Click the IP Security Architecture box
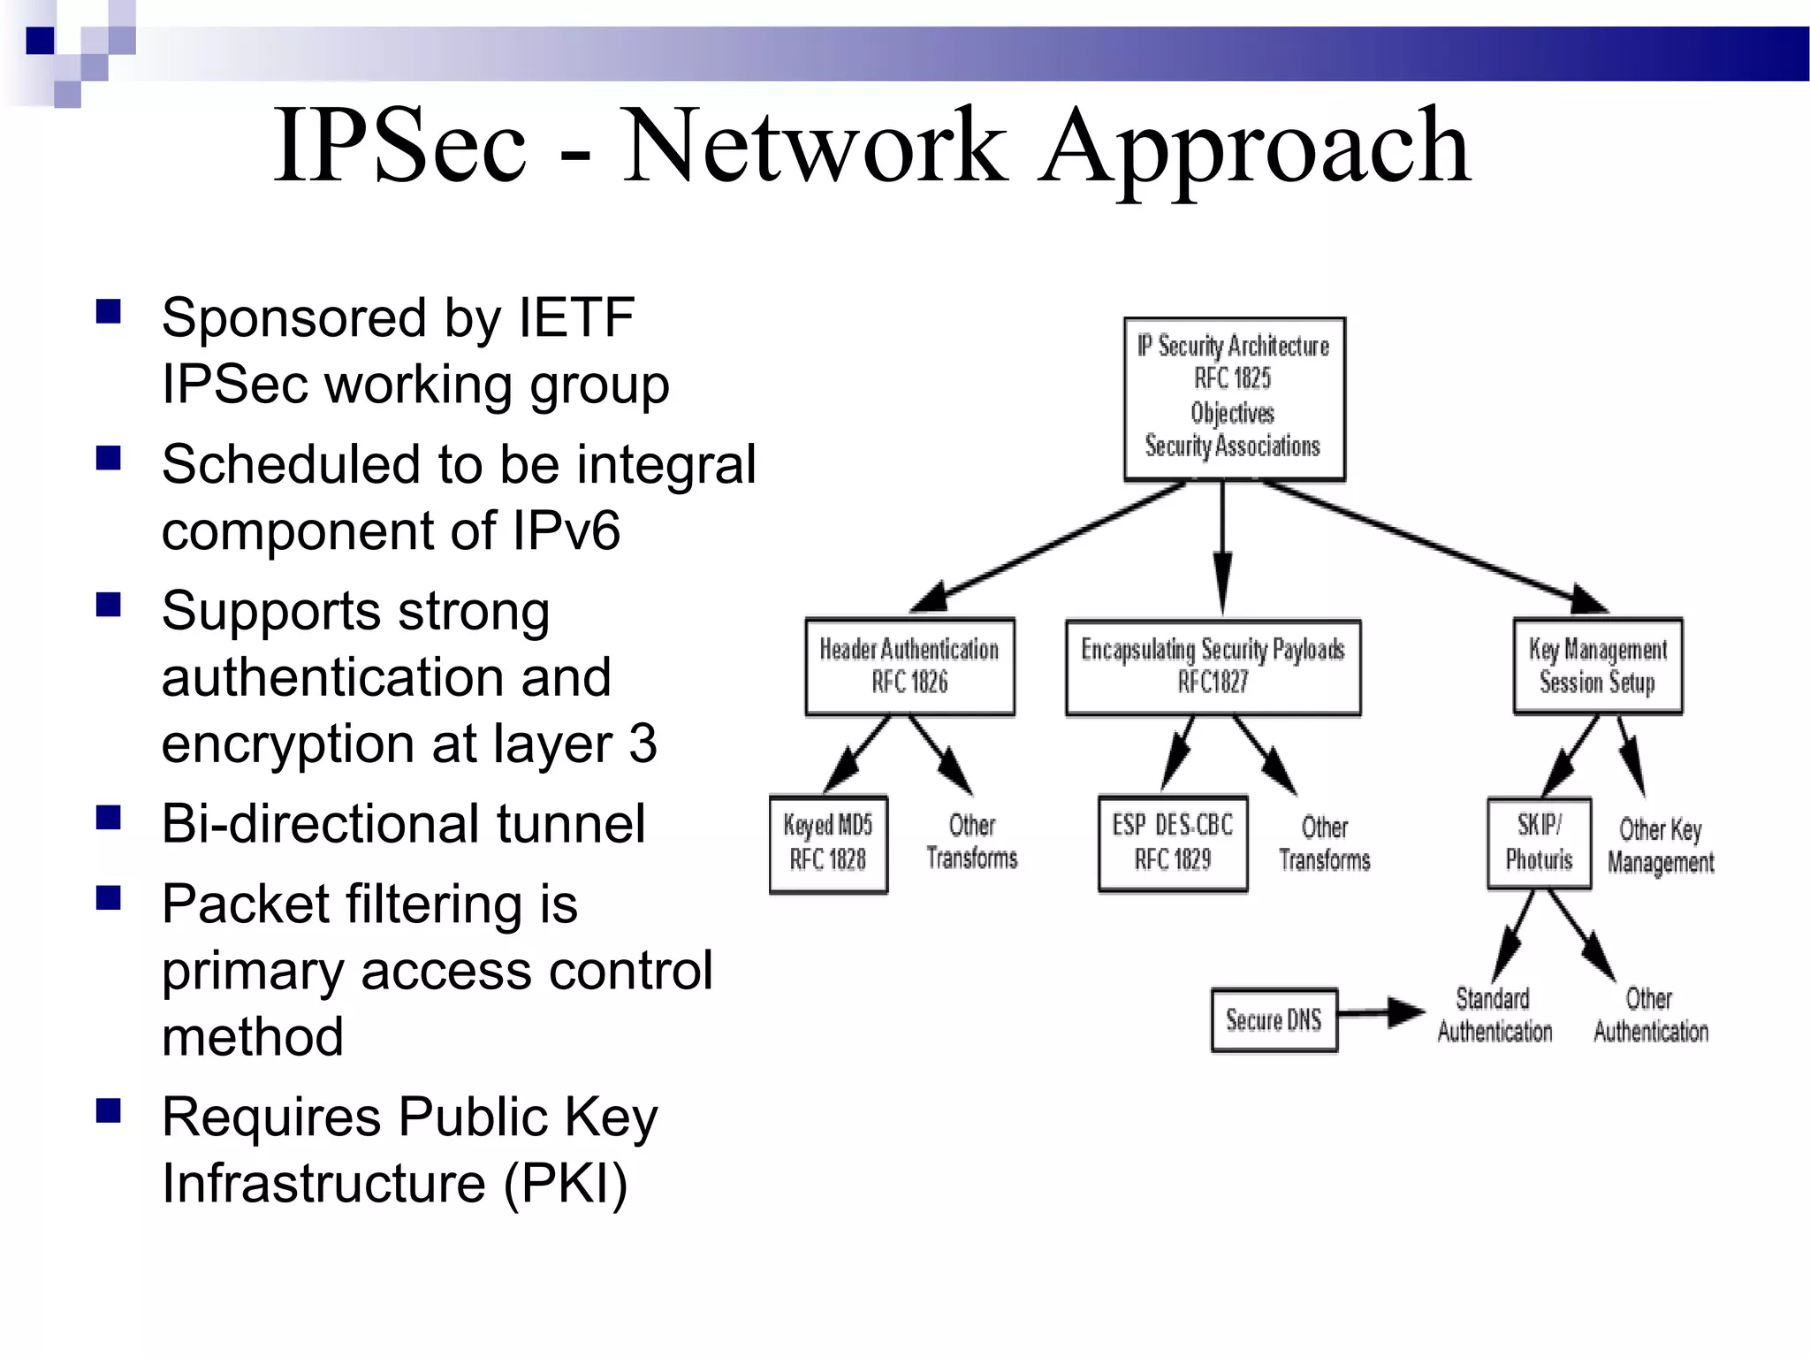coord(1234,398)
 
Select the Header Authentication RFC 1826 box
coord(909,666)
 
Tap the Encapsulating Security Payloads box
coord(1213,667)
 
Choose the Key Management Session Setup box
coord(1598,666)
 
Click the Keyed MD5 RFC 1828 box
coord(828,843)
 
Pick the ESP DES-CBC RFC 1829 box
coord(1173,843)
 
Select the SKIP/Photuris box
coord(1539,843)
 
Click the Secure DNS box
coord(1274,1020)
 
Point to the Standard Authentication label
coord(1494,1015)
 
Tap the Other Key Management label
coord(1661,846)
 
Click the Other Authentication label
coord(1650,1015)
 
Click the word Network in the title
coord(815,145)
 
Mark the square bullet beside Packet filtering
coord(109,898)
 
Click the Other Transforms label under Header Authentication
coord(971,842)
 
